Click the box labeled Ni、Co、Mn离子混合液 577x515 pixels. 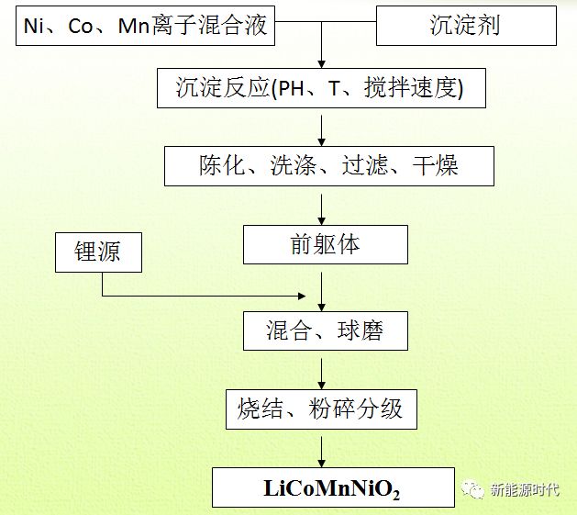[146, 25]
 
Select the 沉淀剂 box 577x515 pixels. [467, 25]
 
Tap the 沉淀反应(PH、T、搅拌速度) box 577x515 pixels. [320, 88]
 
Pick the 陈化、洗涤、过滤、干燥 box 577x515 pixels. [328, 165]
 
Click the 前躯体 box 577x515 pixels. [325, 245]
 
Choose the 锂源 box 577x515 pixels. [97, 252]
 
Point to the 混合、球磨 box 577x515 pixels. [325, 330]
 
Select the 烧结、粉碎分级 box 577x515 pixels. [321, 408]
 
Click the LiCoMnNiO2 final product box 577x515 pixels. [333, 487]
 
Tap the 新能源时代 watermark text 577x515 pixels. [525, 489]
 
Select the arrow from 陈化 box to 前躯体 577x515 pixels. [321, 206]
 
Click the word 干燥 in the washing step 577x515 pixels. [435, 165]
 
